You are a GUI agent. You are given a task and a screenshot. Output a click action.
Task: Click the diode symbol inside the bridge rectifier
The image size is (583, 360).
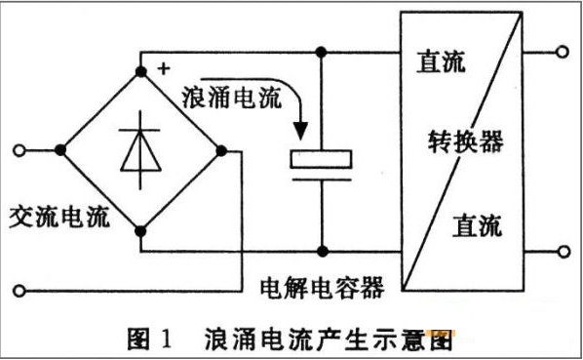click(x=141, y=148)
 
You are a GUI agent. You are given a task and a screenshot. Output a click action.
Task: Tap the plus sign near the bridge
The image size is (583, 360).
click(x=162, y=68)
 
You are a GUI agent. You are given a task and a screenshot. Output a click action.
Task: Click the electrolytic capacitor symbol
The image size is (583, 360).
click(x=321, y=162)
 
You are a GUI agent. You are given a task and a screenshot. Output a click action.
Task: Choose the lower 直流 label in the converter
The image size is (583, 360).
click(x=476, y=226)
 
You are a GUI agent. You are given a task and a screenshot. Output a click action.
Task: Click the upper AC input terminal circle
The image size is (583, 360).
click(x=19, y=149)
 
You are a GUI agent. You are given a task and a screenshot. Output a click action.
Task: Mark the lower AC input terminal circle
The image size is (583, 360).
click(x=19, y=290)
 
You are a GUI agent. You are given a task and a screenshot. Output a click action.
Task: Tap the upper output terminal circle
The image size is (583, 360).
click(x=561, y=51)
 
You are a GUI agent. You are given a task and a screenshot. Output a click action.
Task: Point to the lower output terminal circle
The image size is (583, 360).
click(x=561, y=251)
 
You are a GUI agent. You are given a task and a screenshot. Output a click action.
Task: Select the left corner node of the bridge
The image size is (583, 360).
click(x=60, y=149)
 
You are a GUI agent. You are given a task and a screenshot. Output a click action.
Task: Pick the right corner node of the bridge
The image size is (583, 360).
click(x=222, y=149)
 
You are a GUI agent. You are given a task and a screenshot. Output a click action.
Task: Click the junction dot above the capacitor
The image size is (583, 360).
click(x=321, y=51)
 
